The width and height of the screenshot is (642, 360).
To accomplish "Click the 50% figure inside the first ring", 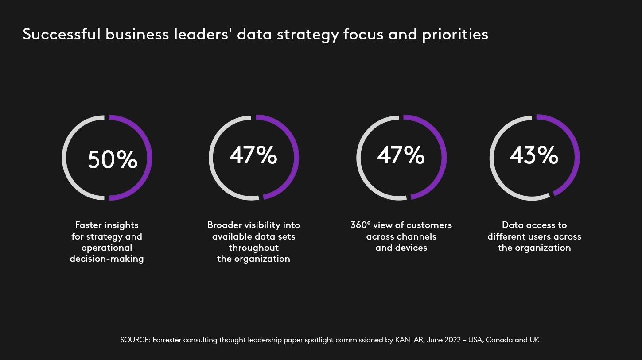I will point(113,159).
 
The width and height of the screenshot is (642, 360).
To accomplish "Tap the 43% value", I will point(534,155).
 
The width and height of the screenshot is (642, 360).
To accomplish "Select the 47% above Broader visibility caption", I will point(253,155).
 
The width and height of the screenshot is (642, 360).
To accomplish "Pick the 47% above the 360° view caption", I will point(401,155).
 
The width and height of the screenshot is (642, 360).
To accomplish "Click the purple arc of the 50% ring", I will point(149,158).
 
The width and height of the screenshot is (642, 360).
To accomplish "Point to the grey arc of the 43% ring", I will point(492,158).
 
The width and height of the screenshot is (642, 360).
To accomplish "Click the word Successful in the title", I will point(62,35).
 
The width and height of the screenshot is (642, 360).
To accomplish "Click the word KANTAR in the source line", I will point(409,340).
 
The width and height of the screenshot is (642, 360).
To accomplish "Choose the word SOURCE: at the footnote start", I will point(135,340).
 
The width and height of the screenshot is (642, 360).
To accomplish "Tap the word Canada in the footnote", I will point(499,340).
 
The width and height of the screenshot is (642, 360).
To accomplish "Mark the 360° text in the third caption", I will point(361,225).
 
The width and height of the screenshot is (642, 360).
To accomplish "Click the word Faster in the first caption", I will point(88,225).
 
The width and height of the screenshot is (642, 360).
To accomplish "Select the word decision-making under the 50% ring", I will point(107,259).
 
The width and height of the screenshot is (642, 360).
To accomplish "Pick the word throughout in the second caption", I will point(253,248).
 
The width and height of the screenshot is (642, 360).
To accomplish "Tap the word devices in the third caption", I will point(411,248).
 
